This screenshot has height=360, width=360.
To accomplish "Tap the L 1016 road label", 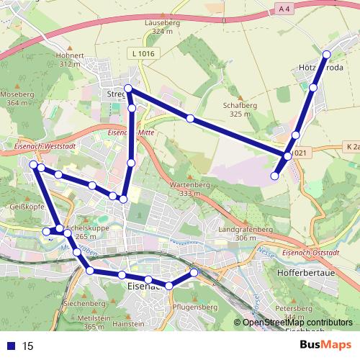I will (143, 54).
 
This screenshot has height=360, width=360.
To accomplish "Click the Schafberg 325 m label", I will (245, 109).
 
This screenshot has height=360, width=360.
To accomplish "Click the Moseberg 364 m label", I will (17, 99).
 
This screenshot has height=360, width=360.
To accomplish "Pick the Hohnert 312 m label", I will (71, 59).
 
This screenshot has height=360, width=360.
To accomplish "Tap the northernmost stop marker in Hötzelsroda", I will (327, 55).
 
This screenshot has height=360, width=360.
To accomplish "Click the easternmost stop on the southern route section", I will (194, 272).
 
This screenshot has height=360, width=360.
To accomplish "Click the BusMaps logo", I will (323, 345).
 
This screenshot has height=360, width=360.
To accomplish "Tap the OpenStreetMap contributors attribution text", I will (294, 322).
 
